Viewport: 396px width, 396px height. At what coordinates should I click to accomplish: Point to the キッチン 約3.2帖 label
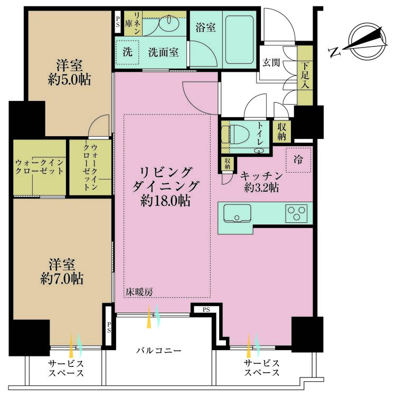tap(259, 181)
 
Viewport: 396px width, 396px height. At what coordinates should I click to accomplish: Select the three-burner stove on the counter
tap(297, 213)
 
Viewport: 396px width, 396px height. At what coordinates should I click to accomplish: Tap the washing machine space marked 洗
tap(128, 52)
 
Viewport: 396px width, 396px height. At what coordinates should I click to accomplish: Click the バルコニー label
tap(159, 351)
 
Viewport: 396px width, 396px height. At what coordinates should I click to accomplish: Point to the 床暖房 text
tap(139, 291)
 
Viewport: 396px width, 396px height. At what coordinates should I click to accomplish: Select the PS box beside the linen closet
tap(118, 23)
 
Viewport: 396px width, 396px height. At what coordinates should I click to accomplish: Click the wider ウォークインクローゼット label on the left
tap(39, 167)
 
